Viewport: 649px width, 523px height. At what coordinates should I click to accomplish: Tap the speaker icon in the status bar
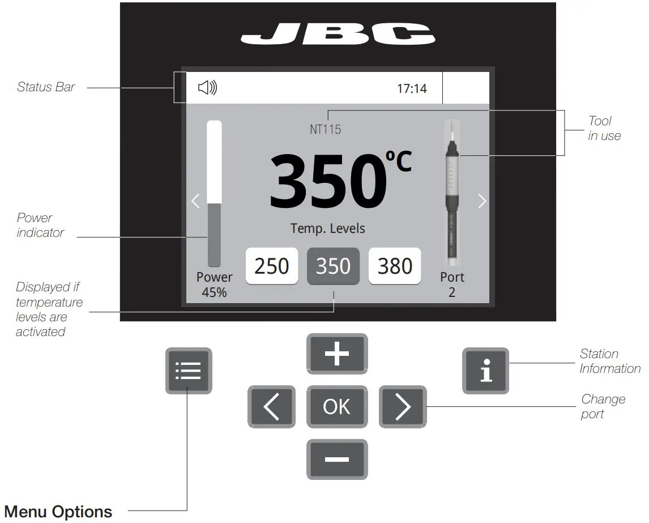207,88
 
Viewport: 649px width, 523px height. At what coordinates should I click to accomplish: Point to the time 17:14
412,88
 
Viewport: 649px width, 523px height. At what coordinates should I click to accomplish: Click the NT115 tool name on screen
326,130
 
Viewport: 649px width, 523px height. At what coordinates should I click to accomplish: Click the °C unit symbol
399,160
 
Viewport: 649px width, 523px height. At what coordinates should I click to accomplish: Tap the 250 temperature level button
272,266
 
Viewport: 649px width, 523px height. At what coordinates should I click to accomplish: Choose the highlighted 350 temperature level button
333,266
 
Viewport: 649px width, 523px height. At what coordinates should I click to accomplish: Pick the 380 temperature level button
395,266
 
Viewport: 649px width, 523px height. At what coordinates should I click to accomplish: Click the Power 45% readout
214,284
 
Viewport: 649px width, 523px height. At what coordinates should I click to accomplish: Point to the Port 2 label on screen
452,284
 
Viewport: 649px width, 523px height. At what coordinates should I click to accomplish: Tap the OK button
337,407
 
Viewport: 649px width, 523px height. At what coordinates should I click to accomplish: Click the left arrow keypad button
271,407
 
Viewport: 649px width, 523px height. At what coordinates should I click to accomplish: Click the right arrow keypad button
402,407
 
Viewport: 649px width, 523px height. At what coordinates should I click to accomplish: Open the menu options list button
189,371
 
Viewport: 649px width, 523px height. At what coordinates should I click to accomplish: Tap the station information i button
485,371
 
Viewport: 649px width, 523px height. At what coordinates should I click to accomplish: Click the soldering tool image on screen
452,193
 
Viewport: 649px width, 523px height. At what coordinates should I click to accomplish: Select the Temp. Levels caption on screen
328,228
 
